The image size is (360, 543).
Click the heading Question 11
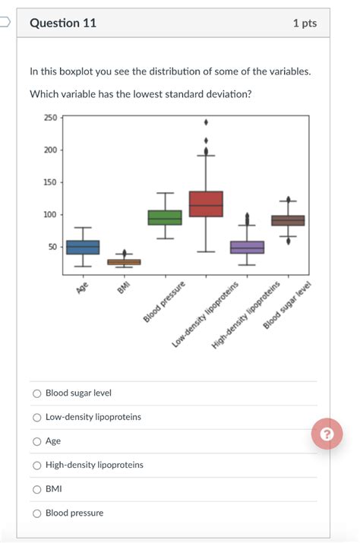coord(63,23)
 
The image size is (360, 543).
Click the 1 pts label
coord(305,24)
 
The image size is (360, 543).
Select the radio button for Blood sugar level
coord(36,393)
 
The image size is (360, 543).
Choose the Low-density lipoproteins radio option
coord(36,417)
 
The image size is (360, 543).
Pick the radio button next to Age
coord(36,441)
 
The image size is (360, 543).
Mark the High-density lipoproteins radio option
coord(36,465)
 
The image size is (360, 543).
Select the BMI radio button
coord(36,489)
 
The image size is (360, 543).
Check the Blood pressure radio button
coord(36,513)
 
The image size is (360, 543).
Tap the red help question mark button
coord(327,434)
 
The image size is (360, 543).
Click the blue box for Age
coord(83,248)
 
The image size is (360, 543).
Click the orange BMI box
coord(124,262)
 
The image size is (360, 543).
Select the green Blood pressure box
coord(165,218)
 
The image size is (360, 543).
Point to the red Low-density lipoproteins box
coord(206,204)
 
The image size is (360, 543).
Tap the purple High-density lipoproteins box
coord(247,248)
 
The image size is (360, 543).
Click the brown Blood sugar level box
coord(288,221)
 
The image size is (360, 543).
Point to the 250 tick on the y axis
coord(50,118)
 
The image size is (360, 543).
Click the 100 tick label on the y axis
coord(50,215)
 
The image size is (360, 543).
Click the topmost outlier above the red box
coord(206,122)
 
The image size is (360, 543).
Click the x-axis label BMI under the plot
coord(125,284)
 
